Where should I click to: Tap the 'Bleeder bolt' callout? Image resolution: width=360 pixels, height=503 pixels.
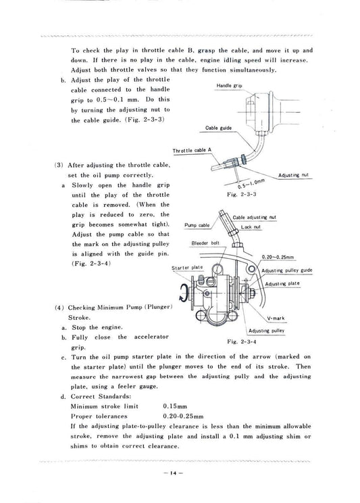(x=205, y=242)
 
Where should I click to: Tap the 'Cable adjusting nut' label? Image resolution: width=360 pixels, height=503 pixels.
(x=255, y=217)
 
